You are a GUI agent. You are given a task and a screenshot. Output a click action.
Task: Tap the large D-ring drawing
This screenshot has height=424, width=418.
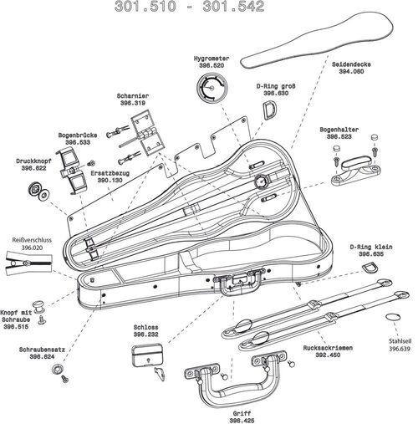click(x=272, y=110)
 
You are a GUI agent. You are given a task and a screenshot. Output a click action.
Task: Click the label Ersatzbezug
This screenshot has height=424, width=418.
click(x=110, y=174)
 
